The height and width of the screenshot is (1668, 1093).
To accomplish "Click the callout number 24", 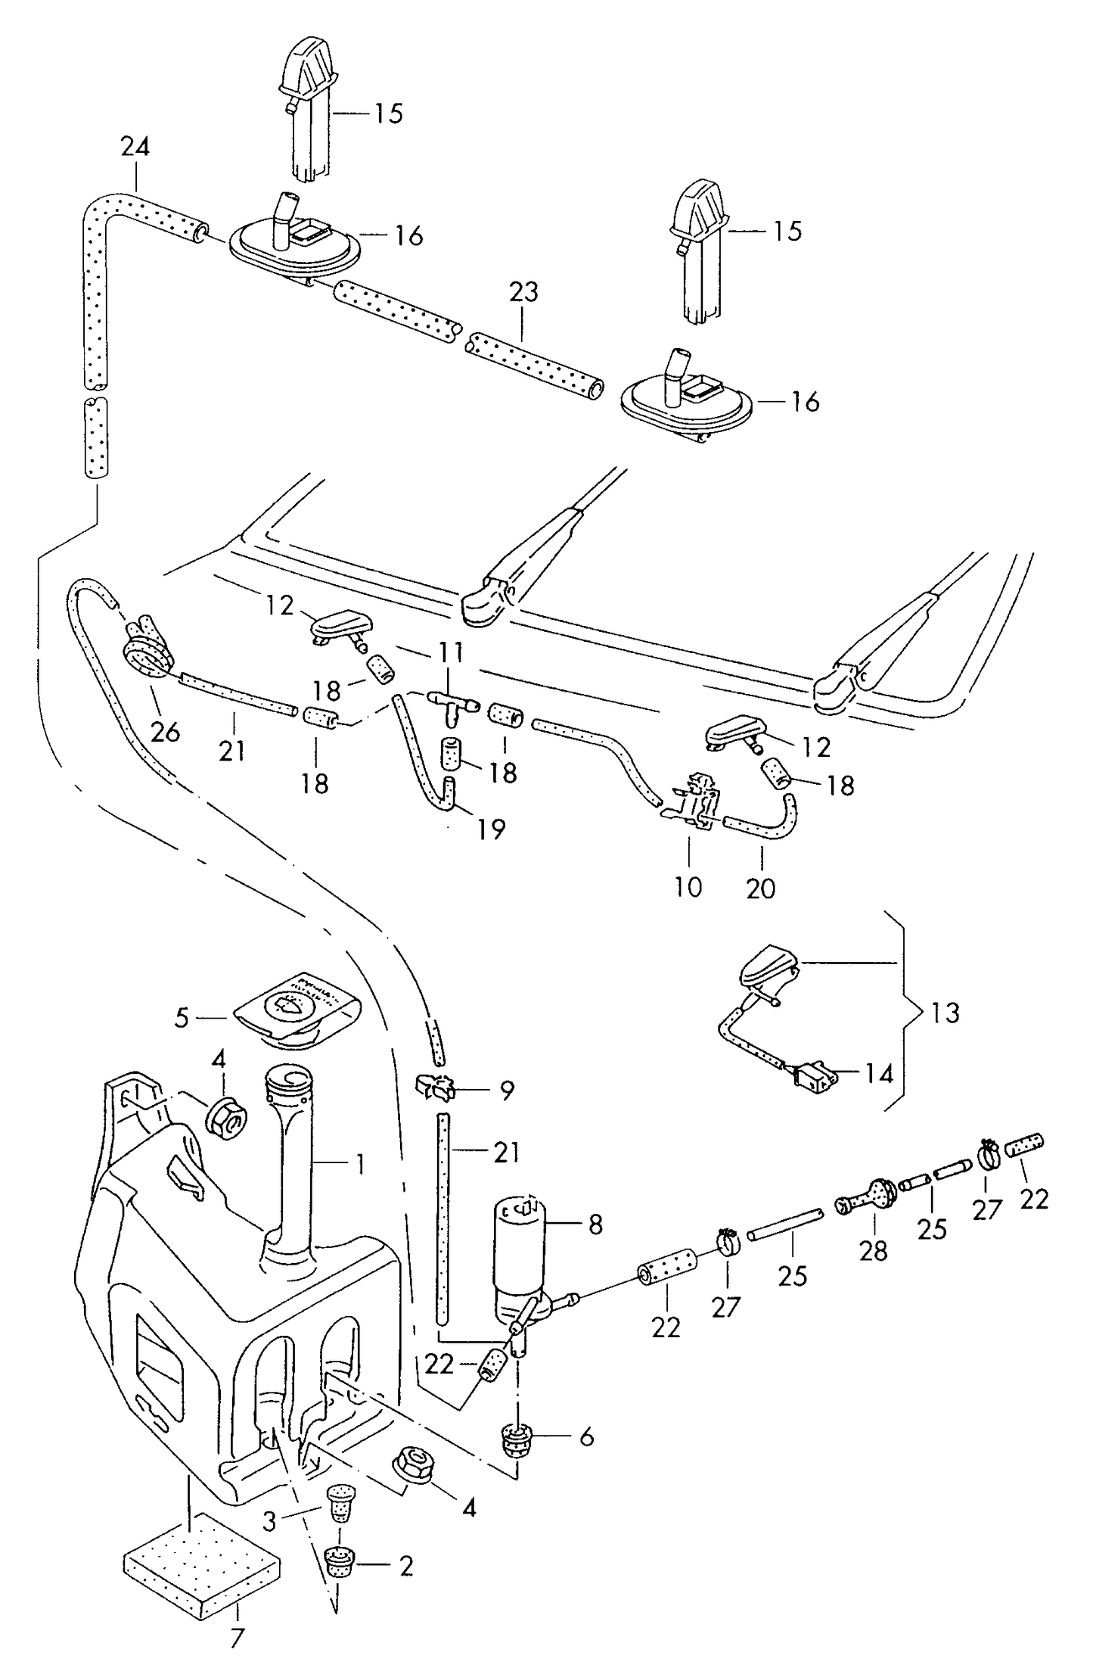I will point(136,147).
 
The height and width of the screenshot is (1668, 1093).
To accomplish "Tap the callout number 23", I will point(523,292).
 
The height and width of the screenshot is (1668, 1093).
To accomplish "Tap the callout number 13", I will point(945,1013).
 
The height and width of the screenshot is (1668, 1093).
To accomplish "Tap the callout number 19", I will point(491,829).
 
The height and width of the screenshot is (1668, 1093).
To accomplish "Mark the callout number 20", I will point(761,888).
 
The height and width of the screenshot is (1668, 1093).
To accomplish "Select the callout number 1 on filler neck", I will point(360,1165).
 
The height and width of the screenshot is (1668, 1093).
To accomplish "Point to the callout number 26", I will point(166,732).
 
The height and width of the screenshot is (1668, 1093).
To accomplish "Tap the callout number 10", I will point(688,887).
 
